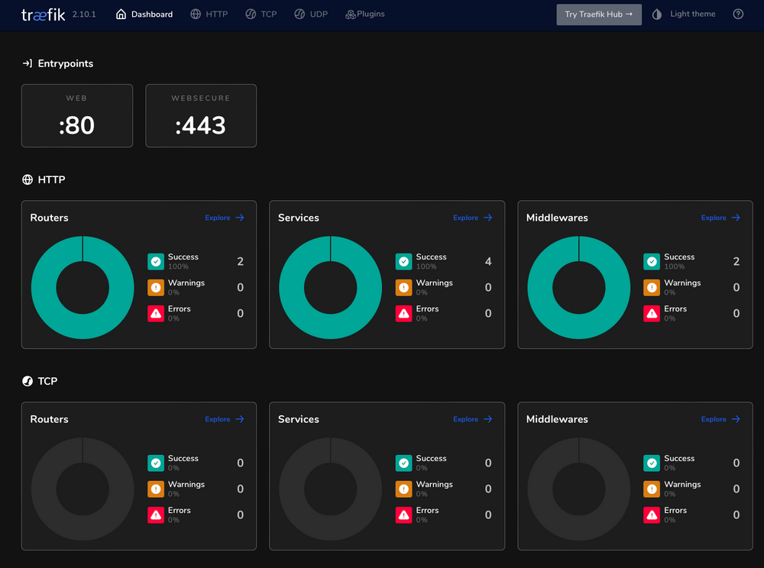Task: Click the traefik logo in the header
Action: (x=43, y=15)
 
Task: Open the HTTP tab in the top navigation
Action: (x=209, y=15)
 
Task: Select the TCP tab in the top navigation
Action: (x=261, y=15)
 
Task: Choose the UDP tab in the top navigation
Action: (x=311, y=15)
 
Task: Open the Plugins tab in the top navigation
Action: (x=365, y=15)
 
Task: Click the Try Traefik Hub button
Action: (x=598, y=15)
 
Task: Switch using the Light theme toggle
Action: (x=684, y=15)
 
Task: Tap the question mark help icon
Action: (x=738, y=15)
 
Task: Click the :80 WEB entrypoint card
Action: (x=77, y=116)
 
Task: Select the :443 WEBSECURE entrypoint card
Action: (x=201, y=116)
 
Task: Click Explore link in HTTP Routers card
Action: (x=225, y=218)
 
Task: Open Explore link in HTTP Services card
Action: (x=473, y=218)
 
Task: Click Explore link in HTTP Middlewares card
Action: (x=720, y=218)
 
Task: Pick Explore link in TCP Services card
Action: (x=473, y=419)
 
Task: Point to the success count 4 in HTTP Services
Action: (x=488, y=262)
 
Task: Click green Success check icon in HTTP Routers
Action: (x=156, y=262)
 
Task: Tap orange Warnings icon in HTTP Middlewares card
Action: (x=652, y=288)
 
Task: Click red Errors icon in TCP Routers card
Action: (x=156, y=515)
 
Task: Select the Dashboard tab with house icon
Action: (x=144, y=15)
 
